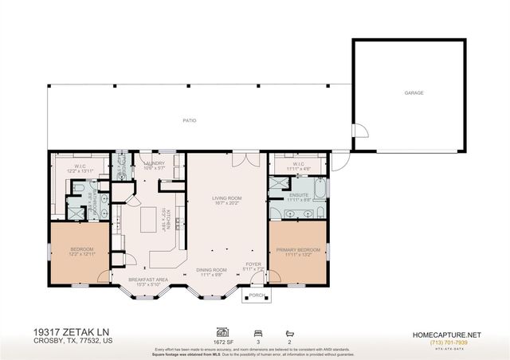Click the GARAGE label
pyautogui.click(x=413, y=93)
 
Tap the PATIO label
pyautogui.click(x=189, y=120)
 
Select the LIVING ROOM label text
pyautogui.click(x=226, y=198)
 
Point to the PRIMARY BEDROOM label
pyautogui.click(x=297, y=250)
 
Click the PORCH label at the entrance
pyautogui.click(x=257, y=295)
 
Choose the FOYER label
pyautogui.click(x=253, y=264)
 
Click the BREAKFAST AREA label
pyautogui.click(x=151, y=279)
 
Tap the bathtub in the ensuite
pyautogui.click(x=320, y=190)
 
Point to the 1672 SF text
pyautogui.click(x=223, y=340)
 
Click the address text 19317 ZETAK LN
pyautogui.click(x=68, y=330)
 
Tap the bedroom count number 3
pyautogui.click(x=257, y=340)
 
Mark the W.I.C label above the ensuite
pyautogui.click(x=297, y=164)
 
